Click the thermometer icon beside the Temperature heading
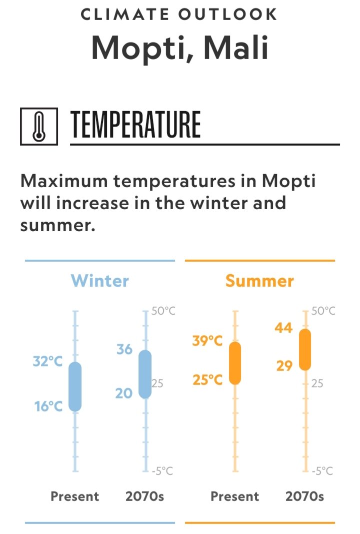coord(39,126)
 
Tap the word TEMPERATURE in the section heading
coord(135,125)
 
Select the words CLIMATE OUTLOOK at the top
coord(179,15)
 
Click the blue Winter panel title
coord(100,281)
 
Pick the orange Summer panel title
coord(259,281)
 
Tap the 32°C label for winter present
coord(47,361)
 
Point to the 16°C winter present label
coord(48,406)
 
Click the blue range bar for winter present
coord(75,387)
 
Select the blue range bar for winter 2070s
coord(145,374)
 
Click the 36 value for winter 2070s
coord(124,349)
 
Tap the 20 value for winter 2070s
coord(124,394)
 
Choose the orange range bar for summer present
coord(235,363)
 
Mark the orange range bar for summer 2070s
coord(305,349)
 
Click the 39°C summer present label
coord(207,340)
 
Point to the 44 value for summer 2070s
coord(284,328)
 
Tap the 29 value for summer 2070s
coord(284,366)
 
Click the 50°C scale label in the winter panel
coord(163,311)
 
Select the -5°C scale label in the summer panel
coord(322,471)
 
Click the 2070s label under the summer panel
coord(304,496)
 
